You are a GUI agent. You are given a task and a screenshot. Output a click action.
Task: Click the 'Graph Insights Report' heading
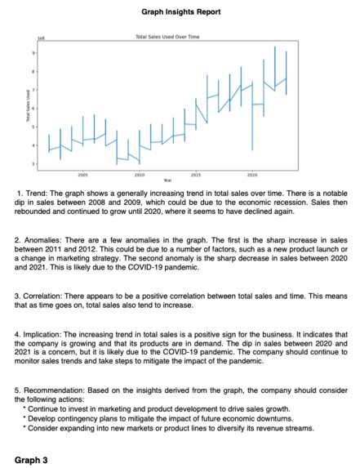point(179,13)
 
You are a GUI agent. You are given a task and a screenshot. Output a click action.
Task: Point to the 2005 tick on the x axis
point(82,174)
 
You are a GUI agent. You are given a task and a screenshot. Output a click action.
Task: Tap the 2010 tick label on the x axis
point(139,174)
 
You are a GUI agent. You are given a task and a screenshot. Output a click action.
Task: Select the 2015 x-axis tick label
point(196,174)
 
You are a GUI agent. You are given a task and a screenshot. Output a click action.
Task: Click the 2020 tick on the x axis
point(252,174)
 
